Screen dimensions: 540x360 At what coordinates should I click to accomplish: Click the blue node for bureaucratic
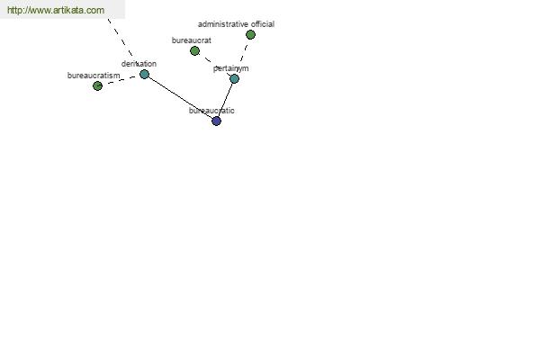pos(216,121)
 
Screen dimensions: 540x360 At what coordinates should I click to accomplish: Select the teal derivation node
pos(144,74)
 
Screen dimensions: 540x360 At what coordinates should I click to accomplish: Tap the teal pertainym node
pos(234,79)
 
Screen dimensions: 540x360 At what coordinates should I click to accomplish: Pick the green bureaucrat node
pos(194,51)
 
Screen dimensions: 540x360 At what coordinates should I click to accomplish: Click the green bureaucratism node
pos(97,85)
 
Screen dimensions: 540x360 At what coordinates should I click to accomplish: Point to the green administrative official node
pos(250,34)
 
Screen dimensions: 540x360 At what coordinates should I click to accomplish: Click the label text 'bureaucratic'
pos(211,111)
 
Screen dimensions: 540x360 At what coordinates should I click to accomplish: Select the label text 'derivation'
pos(139,64)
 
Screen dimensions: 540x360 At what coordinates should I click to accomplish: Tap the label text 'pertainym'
pos(230,68)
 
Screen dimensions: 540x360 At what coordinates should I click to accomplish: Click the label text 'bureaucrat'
pos(192,40)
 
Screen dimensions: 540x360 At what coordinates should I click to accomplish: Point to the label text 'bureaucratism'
pos(94,76)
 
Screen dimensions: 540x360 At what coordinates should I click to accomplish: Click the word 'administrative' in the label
pos(223,24)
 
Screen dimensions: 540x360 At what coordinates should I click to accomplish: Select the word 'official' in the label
pos(263,24)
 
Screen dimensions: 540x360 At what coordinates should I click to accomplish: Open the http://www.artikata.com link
pos(56,10)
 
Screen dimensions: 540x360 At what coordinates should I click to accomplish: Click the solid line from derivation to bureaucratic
pos(181,97)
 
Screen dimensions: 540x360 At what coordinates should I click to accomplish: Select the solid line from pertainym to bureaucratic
pos(225,100)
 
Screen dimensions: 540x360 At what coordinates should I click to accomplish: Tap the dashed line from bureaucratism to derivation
pos(121,80)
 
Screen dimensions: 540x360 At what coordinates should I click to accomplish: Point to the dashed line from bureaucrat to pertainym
pos(214,64)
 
